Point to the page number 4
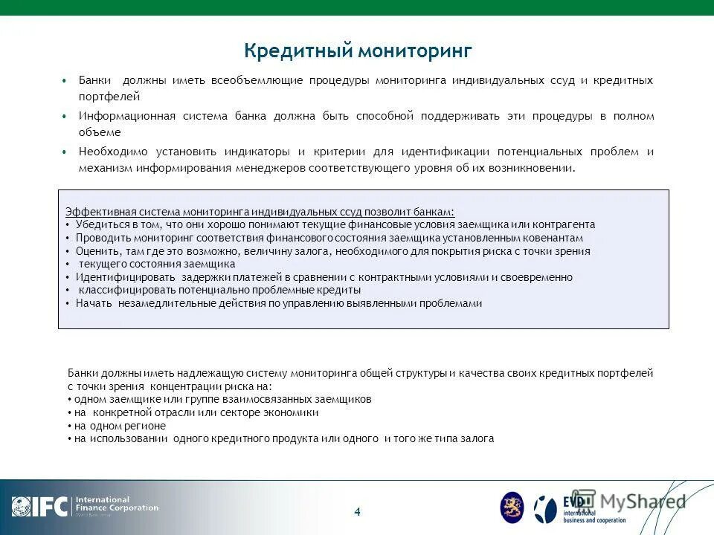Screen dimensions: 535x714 [x=357, y=511]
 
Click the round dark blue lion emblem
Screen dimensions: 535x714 [x=512, y=508]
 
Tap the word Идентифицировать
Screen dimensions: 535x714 [x=119, y=277]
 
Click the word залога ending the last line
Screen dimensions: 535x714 [x=477, y=439]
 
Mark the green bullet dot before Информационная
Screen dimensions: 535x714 [x=64, y=117]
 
